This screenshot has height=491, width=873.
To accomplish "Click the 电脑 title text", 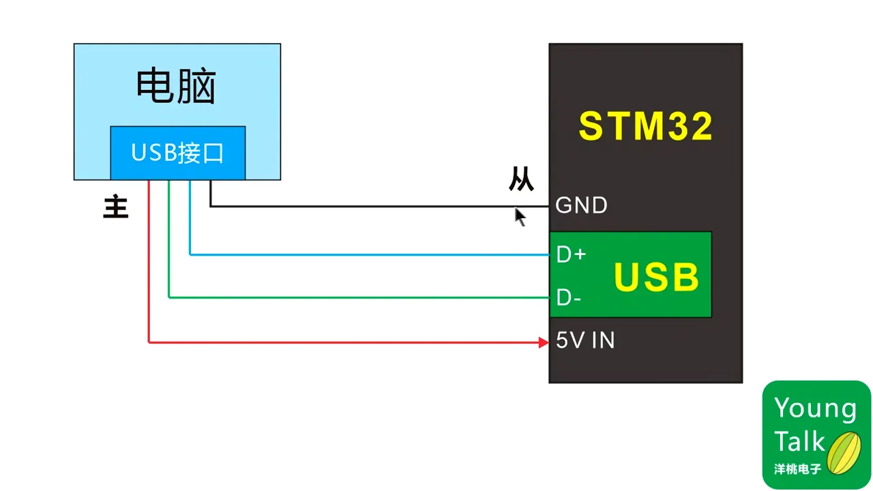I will click(176, 87).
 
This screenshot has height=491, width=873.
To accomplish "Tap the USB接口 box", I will click(177, 153).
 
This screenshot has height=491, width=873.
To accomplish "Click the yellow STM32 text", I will click(645, 126).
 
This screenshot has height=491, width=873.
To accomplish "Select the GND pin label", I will click(581, 205).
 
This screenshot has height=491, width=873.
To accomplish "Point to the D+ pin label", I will click(571, 255).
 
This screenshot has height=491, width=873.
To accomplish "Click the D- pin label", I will click(569, 298).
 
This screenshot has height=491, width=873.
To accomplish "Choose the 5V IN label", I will click(585, 340).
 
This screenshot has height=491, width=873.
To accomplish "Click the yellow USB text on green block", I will click(656, 277).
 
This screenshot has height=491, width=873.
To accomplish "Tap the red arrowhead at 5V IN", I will click(544, 342).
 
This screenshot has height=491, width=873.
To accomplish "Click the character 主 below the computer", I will click(116, 207).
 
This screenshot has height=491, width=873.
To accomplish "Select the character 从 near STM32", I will click(521, 179).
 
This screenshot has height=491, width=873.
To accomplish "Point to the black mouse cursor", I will click(519, 216).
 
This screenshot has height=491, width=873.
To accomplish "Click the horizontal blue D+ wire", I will click(368, 254).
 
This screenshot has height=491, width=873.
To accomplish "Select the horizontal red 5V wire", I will click(341, 342).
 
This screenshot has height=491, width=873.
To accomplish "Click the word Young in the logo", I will click(815, 408).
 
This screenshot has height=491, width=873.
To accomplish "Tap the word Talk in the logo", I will click(799, 441).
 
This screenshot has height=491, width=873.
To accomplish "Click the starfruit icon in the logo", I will click(844, 452).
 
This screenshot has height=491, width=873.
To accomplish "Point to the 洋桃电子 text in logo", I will click(798, 470).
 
